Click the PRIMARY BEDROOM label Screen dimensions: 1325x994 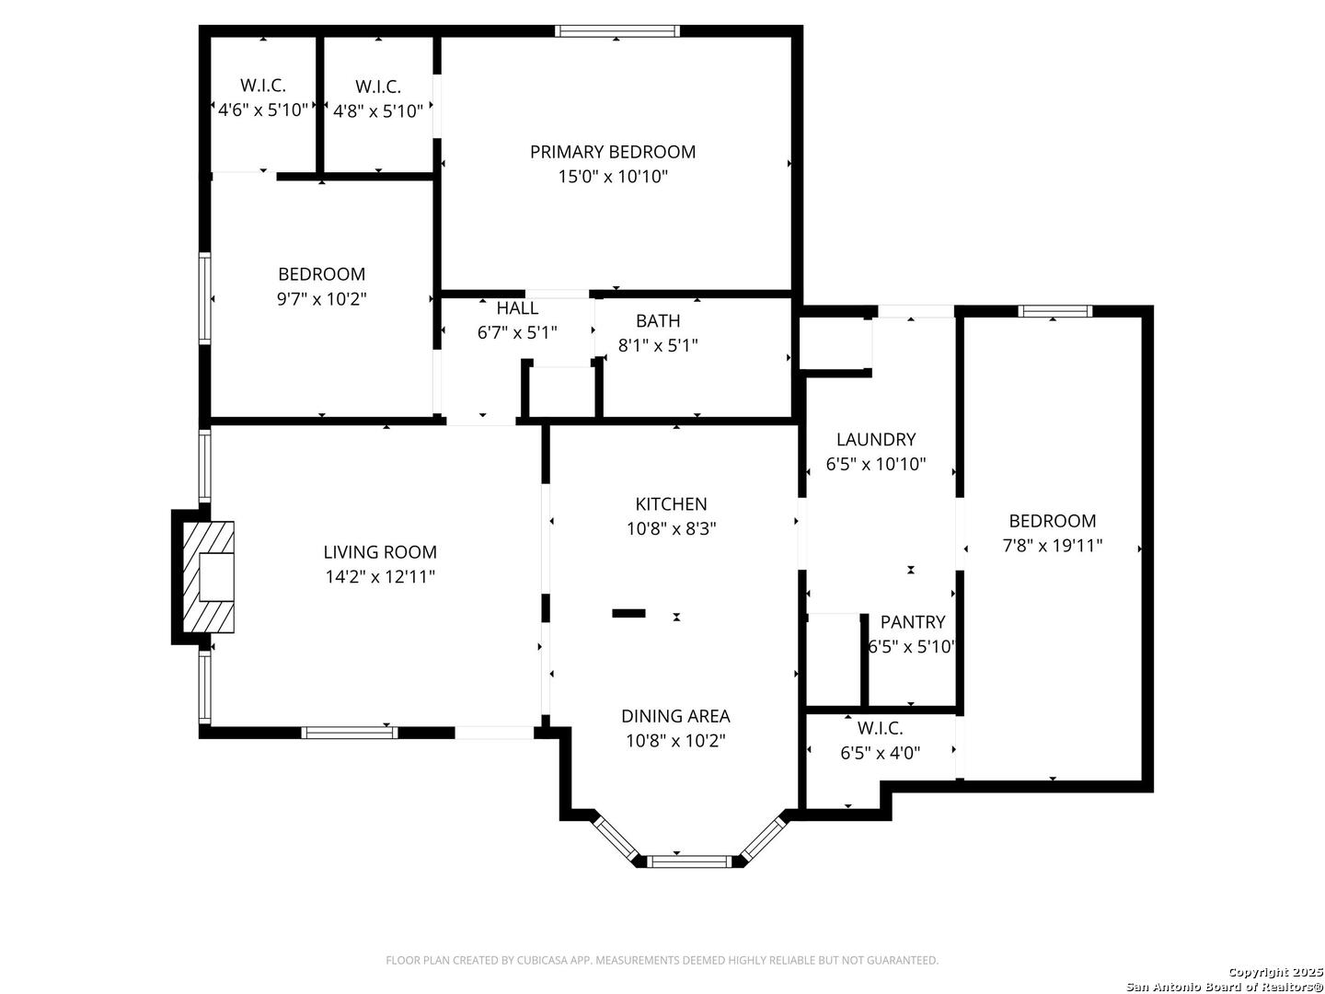tap(612, 152)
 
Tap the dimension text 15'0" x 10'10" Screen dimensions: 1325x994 tap(613, 177)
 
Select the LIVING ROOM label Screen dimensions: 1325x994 tap(380, 551)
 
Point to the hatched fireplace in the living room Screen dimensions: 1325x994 tap(208, 577)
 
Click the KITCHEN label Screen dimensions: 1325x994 tap(671, 503)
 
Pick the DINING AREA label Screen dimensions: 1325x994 tap(674, 716)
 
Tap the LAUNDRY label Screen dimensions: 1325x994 tap(875, 439)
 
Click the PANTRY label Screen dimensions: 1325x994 tap(912, 621)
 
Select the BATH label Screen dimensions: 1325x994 tap(657, 320)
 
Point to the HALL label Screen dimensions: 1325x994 tap(517, 307)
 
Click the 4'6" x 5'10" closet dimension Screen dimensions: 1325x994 tap(262, 110)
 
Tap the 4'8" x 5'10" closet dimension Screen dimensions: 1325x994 tap(377, 111)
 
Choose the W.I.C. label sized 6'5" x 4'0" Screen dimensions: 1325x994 tap(880, 728)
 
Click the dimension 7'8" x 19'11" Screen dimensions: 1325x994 tap(1052, 546)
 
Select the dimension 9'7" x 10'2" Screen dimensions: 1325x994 tap(321, 299)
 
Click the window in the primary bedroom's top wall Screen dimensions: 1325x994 tap(616, 31)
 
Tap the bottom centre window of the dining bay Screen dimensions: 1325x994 tap(689, 861)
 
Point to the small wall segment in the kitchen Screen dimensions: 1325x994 tap(628, 613)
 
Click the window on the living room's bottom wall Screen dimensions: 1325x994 tap(349, 732)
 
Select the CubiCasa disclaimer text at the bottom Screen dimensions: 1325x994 tap(662, 960)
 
